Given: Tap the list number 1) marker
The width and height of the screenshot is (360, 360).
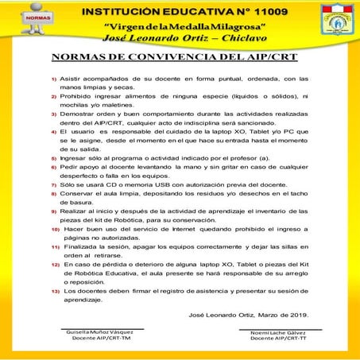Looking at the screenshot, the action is point(54,80).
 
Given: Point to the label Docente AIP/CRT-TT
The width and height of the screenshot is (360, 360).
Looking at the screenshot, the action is point(281,339).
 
